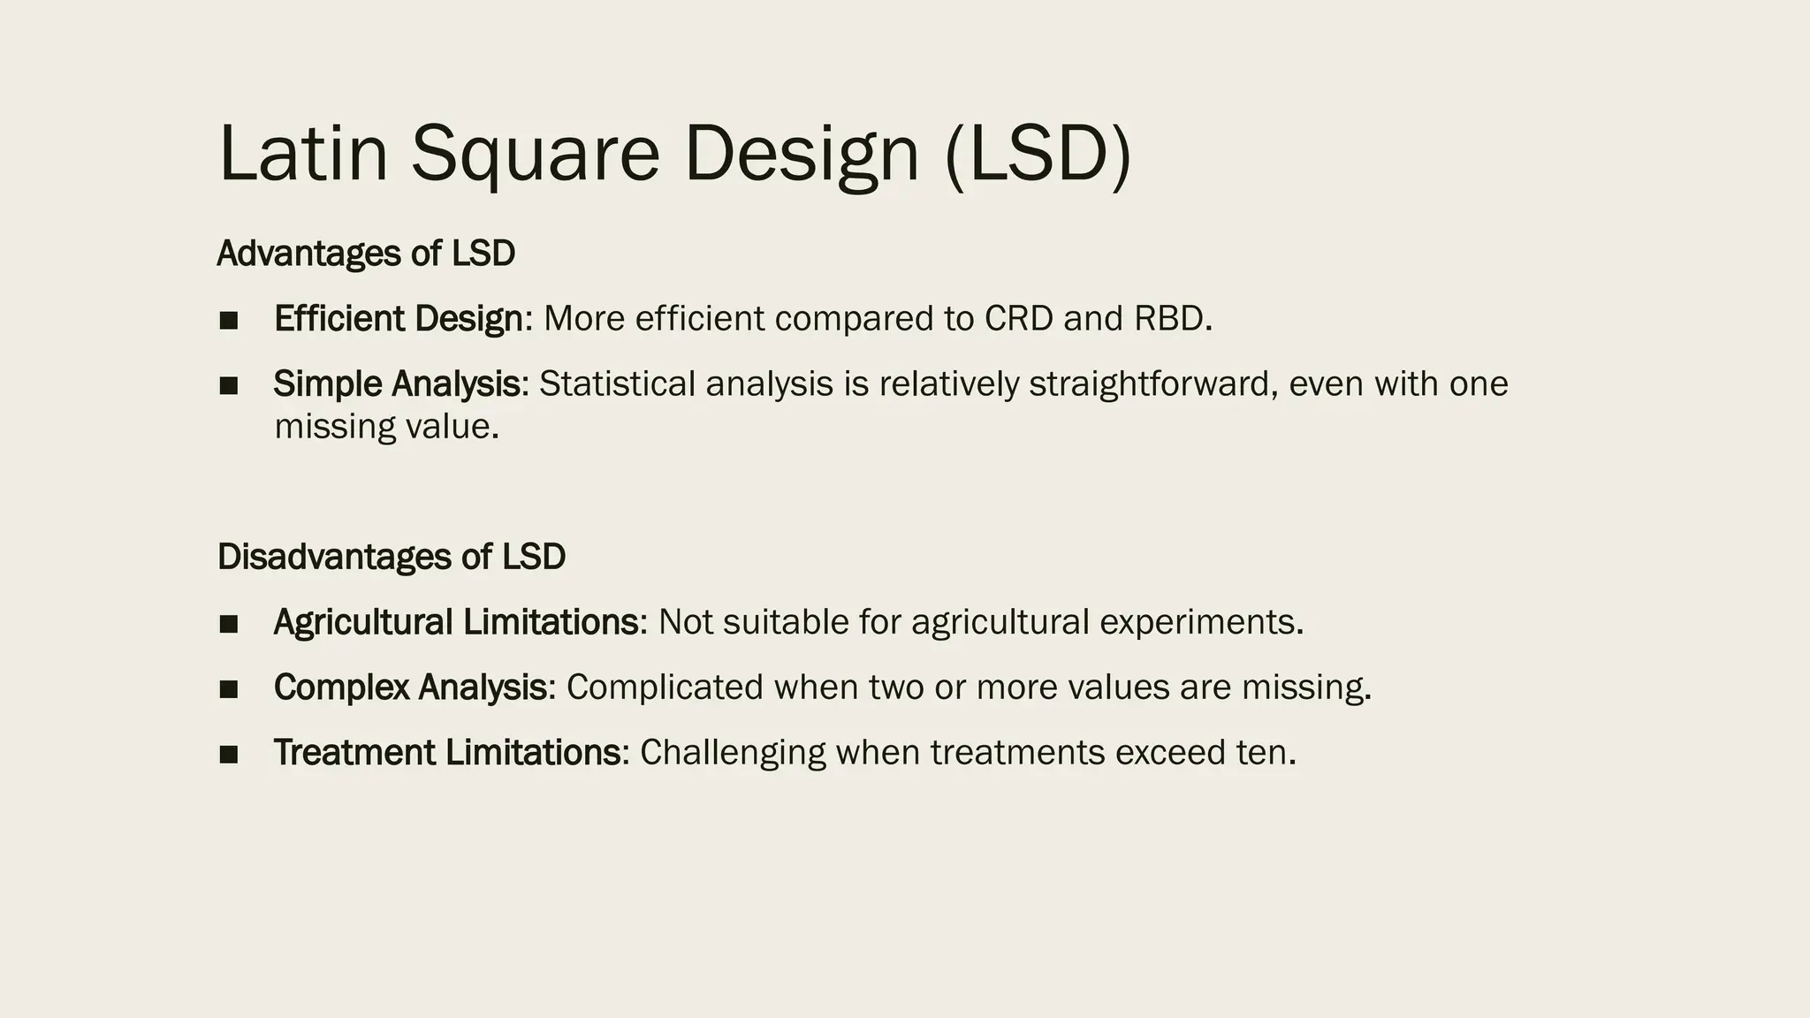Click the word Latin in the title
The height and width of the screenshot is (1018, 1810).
point(302,154)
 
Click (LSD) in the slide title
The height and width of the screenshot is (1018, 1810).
point(1038,154)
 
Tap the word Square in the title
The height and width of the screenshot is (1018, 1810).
point(535,154)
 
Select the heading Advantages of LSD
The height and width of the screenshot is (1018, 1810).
point(366,254)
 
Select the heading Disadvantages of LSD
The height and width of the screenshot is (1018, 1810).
point(391,557)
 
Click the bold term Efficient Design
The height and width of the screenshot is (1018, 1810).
point(398,319)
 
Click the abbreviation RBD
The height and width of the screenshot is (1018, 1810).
point(1168,319)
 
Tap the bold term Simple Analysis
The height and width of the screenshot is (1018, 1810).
point(396,384)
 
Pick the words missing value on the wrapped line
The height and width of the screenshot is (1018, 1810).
point(386,428)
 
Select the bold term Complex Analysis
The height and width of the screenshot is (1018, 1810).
point(410,688)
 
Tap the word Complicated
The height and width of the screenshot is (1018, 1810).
point(665,688)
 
